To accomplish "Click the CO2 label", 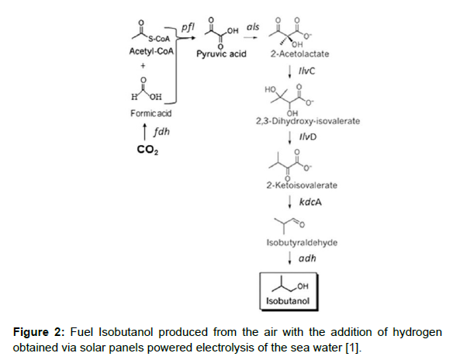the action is [x=147, y=150].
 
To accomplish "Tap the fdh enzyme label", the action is [x=161, y=132].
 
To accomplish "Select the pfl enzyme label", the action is [x=188, y=27].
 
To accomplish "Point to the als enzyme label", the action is [x=253, y=27].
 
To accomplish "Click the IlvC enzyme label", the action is [x=306, y=71].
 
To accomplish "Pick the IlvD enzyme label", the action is [x=308, y=137].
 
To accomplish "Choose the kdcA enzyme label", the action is [x=310, y=202].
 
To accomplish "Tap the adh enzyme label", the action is [x=307, y=258].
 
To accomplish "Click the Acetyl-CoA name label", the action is [x=151, y=52].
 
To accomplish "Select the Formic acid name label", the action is [x=150, y=113].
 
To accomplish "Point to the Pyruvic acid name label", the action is [x=221, y=54].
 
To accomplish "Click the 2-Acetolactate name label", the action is [x=299, y=54].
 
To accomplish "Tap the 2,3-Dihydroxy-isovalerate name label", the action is [x=308, y=121].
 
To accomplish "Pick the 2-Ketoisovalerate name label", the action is [x=302, y=185].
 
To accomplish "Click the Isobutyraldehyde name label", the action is [x=302, y=243].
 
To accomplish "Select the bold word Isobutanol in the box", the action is [x=288, y=301].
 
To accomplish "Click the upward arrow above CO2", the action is [x=144, y=132].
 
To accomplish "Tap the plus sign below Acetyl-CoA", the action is [x=143, y=66].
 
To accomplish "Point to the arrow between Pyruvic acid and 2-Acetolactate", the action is [x=251, y=37].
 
